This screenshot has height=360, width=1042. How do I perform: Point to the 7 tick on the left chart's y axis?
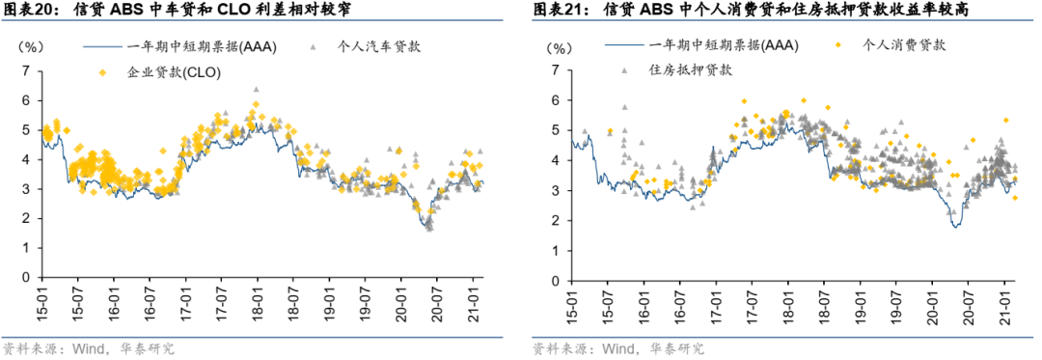pos(26,70)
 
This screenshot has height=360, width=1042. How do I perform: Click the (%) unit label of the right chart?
pos(560,45)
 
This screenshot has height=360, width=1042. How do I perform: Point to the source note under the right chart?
pos(617,348)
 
